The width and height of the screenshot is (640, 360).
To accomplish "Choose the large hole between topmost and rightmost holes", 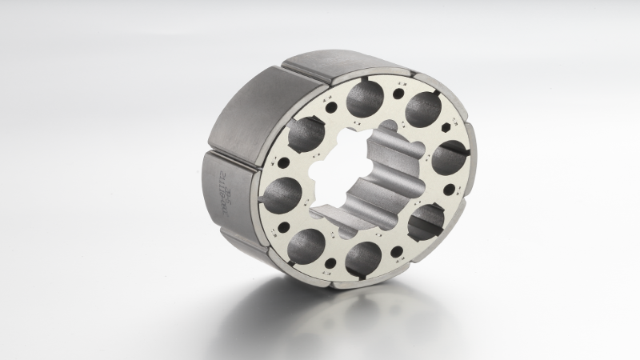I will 421,109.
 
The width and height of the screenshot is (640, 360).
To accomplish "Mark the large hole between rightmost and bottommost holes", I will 426,220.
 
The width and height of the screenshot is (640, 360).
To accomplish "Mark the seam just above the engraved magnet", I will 232,150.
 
